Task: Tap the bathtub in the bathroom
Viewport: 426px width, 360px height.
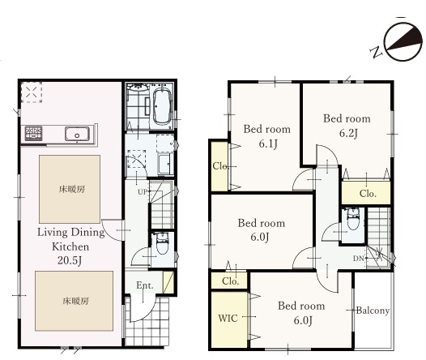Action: click(x=163, y=106)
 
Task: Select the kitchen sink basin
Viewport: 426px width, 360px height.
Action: click(x=77, y=134)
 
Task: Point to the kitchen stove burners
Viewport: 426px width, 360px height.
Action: click(x=33, y=133)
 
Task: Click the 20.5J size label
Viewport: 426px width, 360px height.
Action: click(x=70, y=260)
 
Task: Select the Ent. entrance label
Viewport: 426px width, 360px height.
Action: click(x=145, y=285)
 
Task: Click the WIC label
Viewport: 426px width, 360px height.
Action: click(x=228, y=318)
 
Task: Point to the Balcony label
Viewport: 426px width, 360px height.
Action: click(x=373, y=311)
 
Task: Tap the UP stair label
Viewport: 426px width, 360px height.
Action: click(x=143, y=192)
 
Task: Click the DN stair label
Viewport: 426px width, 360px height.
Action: click(x=358, y=259)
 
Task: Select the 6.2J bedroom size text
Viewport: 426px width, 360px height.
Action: click(x=348, y=133)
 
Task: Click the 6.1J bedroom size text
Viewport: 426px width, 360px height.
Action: click(x=268, y=144)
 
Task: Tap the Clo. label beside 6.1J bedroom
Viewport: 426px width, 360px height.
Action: click(x=220, y=166)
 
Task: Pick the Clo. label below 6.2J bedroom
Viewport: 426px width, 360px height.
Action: click(x=368, y=194)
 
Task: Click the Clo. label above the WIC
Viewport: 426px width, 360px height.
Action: click(x=230, y=281)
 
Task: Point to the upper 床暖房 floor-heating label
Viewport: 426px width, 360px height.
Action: click(x=72, y=189)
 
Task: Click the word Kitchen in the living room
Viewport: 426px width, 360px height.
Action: click(x=70, y=246)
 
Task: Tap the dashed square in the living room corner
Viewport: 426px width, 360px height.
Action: click(x=32, y=92)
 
